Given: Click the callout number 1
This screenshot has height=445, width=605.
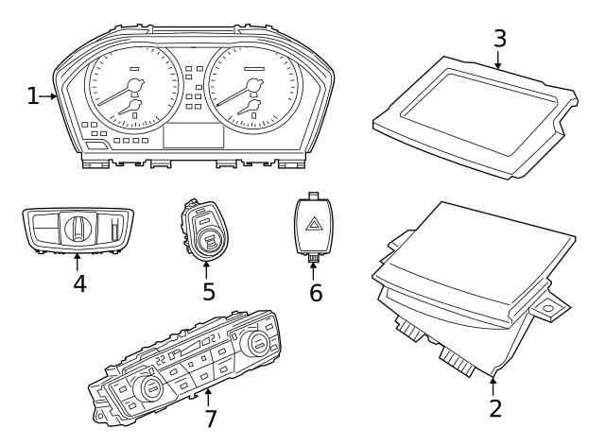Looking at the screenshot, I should pyautogui.click(x=33, y=96).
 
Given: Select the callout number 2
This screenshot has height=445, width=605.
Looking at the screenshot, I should pyautogui.click(x=494, y=408).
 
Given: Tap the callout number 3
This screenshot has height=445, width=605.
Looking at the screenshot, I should pyautogui.click(x=499, y=39).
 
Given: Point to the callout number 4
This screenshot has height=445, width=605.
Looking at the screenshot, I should pyautogui.click(x=79, y=283).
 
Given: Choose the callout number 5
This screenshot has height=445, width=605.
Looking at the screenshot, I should pyautogui.click(x=208, y=292).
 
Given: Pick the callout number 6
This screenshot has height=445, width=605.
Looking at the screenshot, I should pyautogui.click(x=316, y=293).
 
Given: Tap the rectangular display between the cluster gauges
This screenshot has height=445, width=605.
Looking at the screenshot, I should pyautogui.click(x=193, y=135).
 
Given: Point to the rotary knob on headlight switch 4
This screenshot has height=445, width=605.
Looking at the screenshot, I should pyautogui.click(x=78, y=228).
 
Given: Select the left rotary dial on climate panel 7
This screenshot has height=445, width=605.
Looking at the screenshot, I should pyautogui.click(x=148, y=389).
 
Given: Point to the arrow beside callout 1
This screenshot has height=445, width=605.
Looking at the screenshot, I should pyautogui.click(x=50, y=96).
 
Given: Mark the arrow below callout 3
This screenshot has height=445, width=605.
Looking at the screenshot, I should pyautogui.click(x=498, y=60).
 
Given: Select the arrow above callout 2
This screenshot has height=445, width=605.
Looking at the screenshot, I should pyautogui.click(x=493, y=384).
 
